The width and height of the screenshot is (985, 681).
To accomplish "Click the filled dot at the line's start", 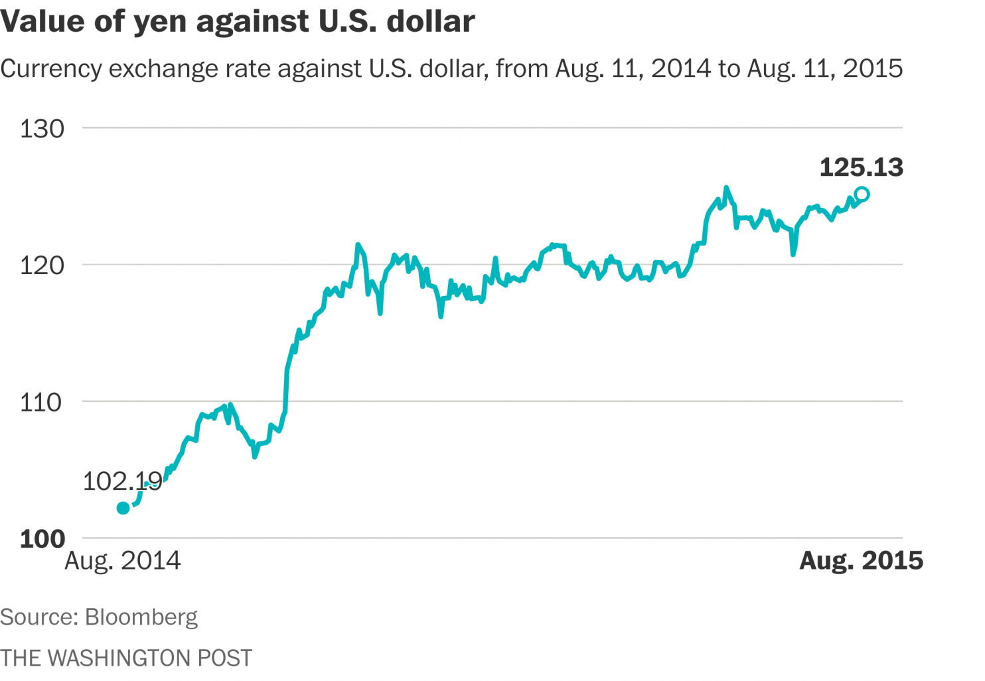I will click(x=123, y=508).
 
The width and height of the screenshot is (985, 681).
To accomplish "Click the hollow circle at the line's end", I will click(x=862, y=194).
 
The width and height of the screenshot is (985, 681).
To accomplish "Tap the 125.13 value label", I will click(x=861, y=167).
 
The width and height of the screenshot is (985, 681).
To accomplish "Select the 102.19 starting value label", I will click(x=122, y=481).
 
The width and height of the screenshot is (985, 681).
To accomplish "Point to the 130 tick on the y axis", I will click(x=42, y=129).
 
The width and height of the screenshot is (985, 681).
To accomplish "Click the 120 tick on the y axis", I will click(x=42, y=265).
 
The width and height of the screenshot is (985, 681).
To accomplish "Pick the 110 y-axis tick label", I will click(x=41, y=402).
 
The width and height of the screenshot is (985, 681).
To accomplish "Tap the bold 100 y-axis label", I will click(x=42, y=539).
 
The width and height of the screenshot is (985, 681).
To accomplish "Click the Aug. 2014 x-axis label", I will click(x=123, y=561).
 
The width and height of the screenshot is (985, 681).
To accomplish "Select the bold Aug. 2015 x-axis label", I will click(x=861, y=561).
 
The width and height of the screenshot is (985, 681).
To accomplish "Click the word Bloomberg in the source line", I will click(x=141, y=617).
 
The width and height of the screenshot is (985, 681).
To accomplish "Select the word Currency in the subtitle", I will click(x=51, y=68).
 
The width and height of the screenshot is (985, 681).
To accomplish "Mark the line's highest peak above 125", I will click(x=726, y=188).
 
